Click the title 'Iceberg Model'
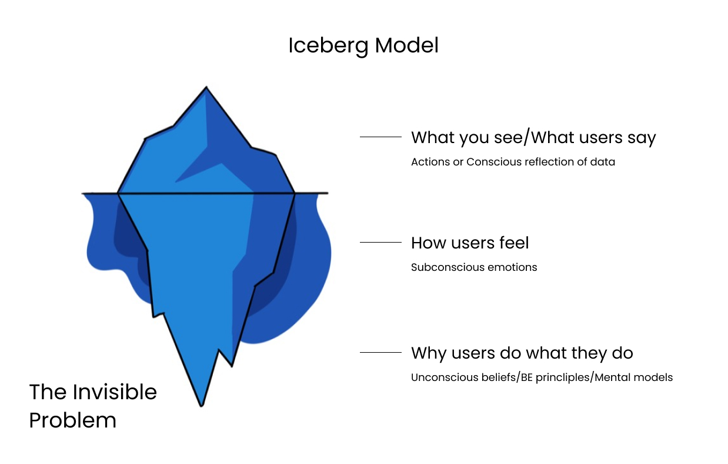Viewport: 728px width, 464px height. click(363, 45)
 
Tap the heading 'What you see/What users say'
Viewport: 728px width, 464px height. click(533, 138)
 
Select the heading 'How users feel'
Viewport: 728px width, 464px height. click(470, 243)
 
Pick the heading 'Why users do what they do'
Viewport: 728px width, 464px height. click(522, 353)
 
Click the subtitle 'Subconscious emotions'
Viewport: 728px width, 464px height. click(474, 267)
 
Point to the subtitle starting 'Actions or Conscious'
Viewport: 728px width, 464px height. click(513, 162)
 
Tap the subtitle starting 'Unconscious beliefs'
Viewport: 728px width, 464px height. click(542, 377)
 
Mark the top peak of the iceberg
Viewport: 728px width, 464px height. click(206, 88)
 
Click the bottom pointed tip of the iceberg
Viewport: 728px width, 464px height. click(202, 405)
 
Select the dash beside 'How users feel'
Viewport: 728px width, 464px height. click(380, 242)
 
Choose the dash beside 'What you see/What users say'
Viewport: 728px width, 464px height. click(380, 137)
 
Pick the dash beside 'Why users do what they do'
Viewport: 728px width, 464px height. click(380, 353)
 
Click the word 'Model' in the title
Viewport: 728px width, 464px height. click(406, 45)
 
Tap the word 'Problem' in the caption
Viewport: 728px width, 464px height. click(72, 420)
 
